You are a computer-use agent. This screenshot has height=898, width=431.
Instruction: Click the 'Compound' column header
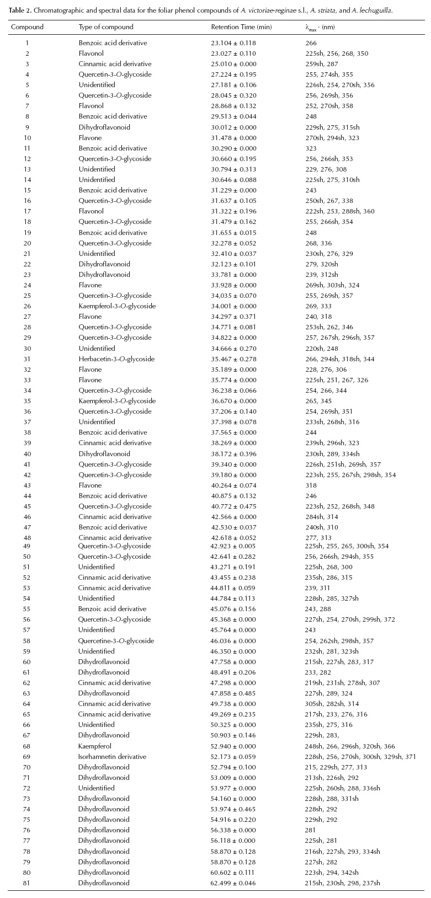pyautogui.click(x=27, y=27)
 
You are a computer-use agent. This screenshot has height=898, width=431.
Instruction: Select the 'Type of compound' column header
pyautogui.click(x=103, y=27)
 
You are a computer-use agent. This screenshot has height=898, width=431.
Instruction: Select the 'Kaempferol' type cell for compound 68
pyautogui.click(x=94, y=746)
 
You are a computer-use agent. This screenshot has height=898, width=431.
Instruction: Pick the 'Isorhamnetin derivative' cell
pyautogui.click(x=112, y=756)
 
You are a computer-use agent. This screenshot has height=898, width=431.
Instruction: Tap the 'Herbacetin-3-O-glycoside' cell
pyautogui.click(x=116, y=359)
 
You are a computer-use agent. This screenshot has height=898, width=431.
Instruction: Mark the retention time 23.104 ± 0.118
pyautogui.click(x=233, y=43)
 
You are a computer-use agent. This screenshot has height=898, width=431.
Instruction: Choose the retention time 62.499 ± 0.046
pyautogui.click(x=233, y=883)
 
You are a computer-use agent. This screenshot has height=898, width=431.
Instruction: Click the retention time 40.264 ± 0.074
pyautogui.click(x=233, y=485)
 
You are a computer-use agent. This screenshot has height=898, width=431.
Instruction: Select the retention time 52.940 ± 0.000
pyautogui.click(x=233, y=746)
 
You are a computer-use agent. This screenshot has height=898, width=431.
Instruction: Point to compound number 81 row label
pyautogui.click(x=27, y=883)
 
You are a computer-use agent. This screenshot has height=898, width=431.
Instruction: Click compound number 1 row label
pyautogui.click(x=27, y=43)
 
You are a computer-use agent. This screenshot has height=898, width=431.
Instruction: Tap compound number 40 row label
pyautogui.click(x=27, y=454)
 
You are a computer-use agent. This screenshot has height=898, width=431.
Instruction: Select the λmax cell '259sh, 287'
pyautogui.click(x=322, y=64)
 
